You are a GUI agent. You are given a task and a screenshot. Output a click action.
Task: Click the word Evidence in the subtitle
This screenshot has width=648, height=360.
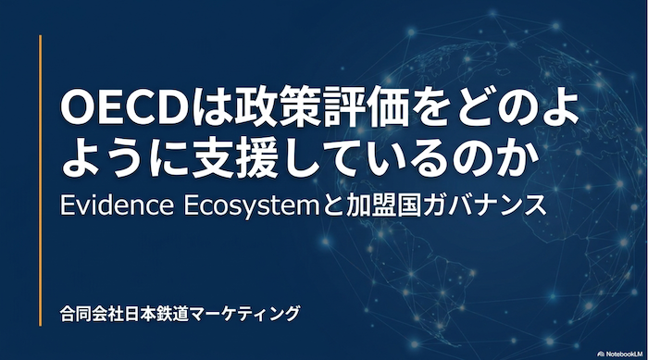[117, 205]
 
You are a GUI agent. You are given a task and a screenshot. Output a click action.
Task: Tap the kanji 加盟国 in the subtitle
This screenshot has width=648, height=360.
[381, 205]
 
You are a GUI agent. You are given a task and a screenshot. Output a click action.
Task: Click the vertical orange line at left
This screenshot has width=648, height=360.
[41, 180]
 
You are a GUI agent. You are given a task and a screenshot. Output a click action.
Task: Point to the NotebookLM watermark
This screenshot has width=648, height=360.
[621, 354]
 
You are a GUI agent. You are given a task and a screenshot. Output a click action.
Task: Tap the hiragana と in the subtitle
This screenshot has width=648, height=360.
[332, 205]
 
